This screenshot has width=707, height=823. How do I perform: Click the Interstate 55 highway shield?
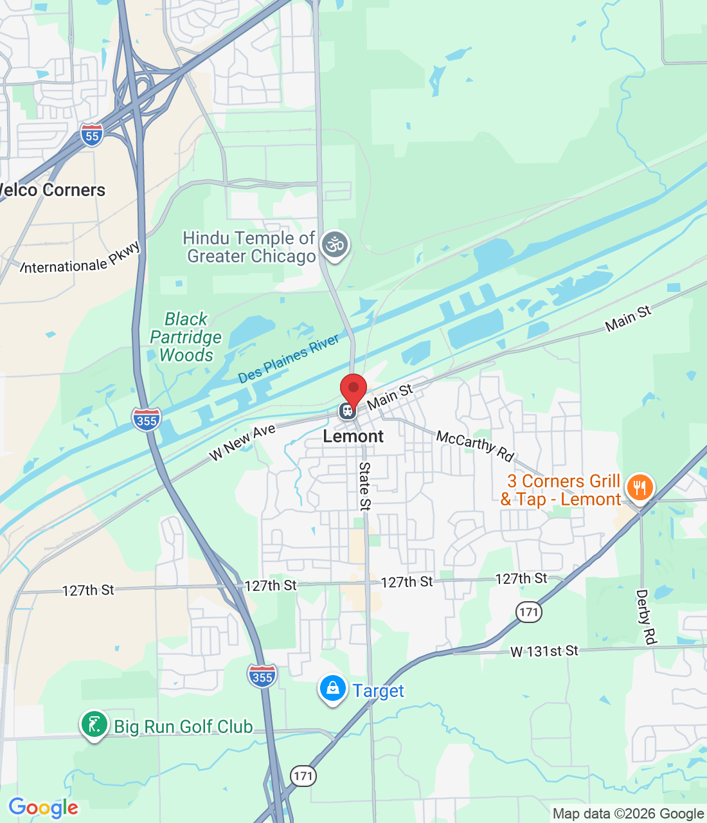92,135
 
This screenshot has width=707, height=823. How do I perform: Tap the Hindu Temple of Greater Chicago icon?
335,245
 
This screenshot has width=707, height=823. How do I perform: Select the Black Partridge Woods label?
186,337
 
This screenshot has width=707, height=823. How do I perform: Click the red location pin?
353,390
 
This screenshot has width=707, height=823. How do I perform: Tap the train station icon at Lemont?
347,410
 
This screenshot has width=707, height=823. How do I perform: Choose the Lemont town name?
353,437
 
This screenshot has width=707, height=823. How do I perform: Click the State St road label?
364,486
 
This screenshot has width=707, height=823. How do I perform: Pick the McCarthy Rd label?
475,446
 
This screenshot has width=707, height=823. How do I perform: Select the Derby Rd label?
645,617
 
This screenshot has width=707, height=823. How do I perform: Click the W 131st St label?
544,651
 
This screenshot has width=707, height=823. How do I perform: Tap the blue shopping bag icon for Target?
332,689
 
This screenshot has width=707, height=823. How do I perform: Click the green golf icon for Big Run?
94,725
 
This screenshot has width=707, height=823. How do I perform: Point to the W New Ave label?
242,442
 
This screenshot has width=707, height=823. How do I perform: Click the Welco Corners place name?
51,190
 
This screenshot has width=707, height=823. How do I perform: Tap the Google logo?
43,808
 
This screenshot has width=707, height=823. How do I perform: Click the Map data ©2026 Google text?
628,814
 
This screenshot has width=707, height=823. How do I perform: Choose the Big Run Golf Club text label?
183,727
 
